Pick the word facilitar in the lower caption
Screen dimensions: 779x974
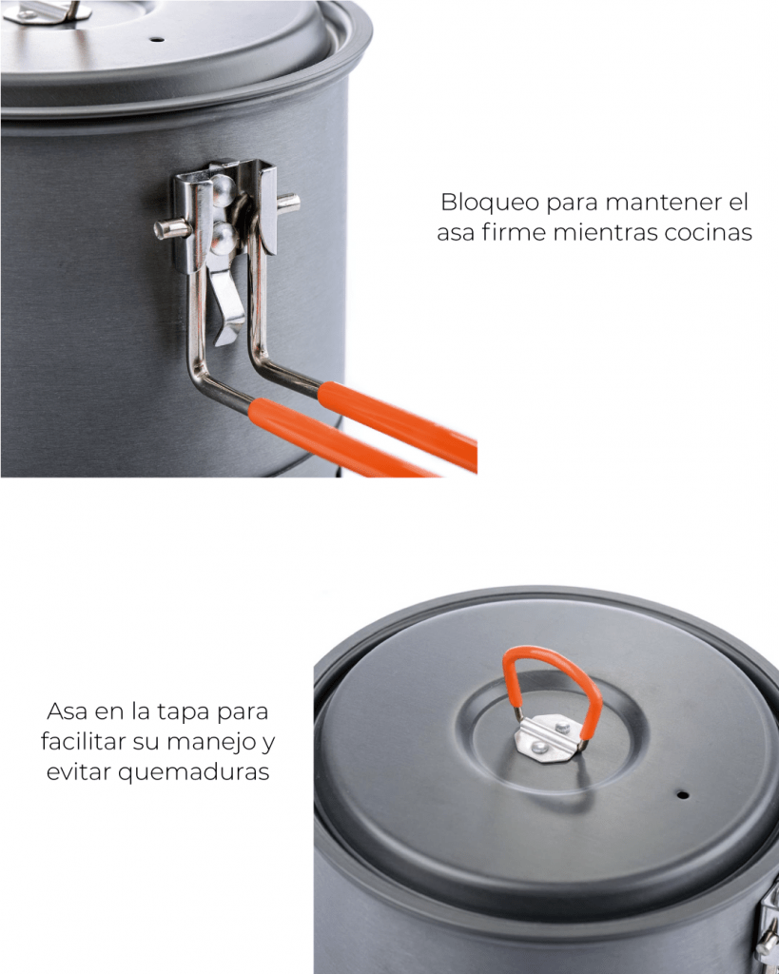(x=83, y=741)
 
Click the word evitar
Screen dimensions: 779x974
(x=78, y=772)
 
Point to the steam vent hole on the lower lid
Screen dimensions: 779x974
(x=682, y=794)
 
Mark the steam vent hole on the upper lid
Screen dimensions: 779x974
(x=158, y=40)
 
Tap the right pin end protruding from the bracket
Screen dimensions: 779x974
(x=288, y=203)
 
